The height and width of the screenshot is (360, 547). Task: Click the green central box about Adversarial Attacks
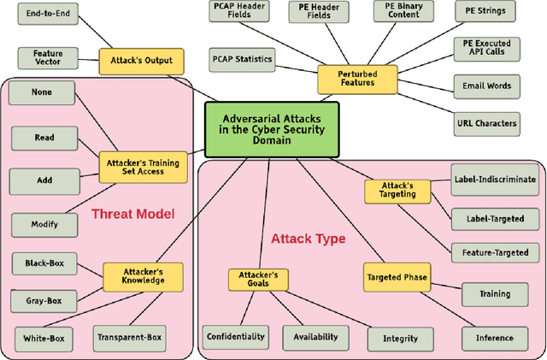pos(272,131)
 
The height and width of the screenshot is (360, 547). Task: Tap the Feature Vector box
pos(48,58)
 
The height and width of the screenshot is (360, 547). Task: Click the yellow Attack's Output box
pos(141,61)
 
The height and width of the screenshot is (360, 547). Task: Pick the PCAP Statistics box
pos(242,60)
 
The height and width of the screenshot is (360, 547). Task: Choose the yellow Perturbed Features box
pos(358,80)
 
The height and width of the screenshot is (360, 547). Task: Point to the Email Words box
pos(487,85)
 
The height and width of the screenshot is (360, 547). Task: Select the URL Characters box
pos(487,122)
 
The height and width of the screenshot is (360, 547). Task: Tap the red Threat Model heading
pos(132,214)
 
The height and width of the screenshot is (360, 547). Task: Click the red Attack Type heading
pos(308,239)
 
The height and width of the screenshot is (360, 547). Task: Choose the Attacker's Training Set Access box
pos(141,166)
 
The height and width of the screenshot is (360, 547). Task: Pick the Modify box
pos(44,224)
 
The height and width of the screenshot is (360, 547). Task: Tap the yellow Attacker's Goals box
pos(260,280)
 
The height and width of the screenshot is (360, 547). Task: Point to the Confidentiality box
pos(236,337)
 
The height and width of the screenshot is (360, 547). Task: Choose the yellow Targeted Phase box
pos(397,277)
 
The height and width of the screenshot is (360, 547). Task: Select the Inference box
pos(495,338)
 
